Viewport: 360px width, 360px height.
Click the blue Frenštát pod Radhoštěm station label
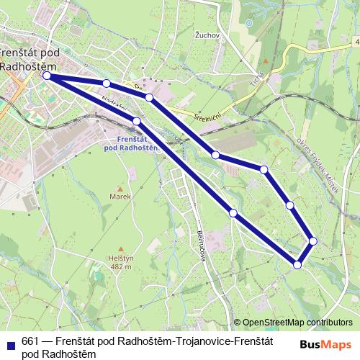pos(131,143)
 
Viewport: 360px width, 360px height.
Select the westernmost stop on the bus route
pos(47,75)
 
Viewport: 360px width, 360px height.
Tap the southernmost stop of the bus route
pos(297,266)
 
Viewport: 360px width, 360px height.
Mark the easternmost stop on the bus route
pos(313,240)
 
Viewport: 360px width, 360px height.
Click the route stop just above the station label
pos(136,120)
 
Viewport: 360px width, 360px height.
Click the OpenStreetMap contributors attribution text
pos(297,323)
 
